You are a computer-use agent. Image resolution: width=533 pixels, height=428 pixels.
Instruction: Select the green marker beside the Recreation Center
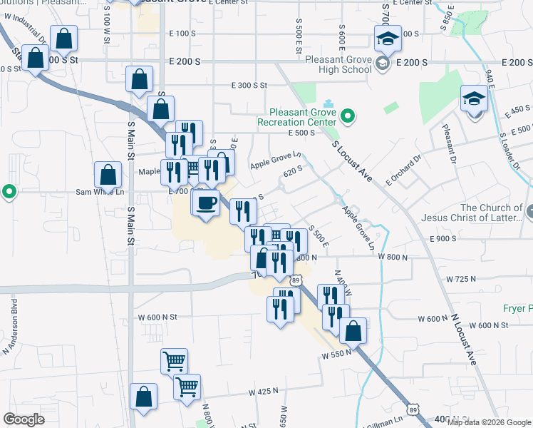pos(348,115)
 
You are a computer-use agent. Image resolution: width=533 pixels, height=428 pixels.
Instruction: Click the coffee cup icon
pos(206,203)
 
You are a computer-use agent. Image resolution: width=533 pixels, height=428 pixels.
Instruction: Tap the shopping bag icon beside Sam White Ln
pos(107,174)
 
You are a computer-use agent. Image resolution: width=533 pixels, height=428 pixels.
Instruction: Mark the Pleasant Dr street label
pos(448,143)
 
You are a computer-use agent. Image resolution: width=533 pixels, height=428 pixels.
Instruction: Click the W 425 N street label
pos(263,392)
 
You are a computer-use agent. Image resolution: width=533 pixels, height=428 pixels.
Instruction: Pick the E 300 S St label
pos(249,85)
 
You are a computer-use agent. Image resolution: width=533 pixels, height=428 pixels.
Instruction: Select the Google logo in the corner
pos(24,419)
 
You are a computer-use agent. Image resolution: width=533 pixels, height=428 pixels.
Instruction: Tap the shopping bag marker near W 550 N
pos(353,331)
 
